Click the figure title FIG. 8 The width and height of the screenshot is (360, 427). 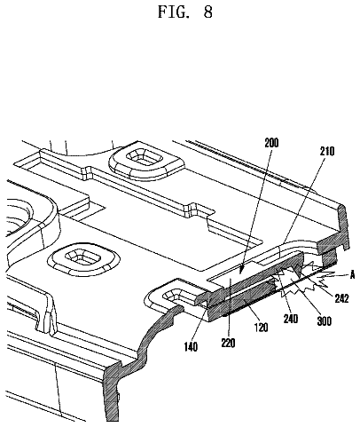click(x=185, y=12)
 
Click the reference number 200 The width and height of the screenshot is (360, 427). click(x=271, y=143)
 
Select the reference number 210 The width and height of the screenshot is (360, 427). click(x=326, y=151)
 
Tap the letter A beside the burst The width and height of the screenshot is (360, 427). click(x=352, y=275)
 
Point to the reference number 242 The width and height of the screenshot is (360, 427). click(x=341, y=298)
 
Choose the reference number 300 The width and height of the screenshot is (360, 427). click(x=324, y=321)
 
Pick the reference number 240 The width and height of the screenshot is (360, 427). click(x=291, y=319)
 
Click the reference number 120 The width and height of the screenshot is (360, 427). click(x=261, y=328)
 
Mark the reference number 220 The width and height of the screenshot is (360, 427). click(x=229, y=343)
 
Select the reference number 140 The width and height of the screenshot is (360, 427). click(x=191, y=347)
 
